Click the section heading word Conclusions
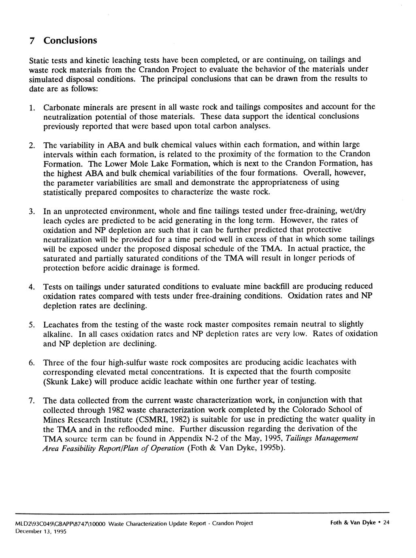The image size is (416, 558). click(x=70, y=40)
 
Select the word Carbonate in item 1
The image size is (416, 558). click(x=61, y=107)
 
